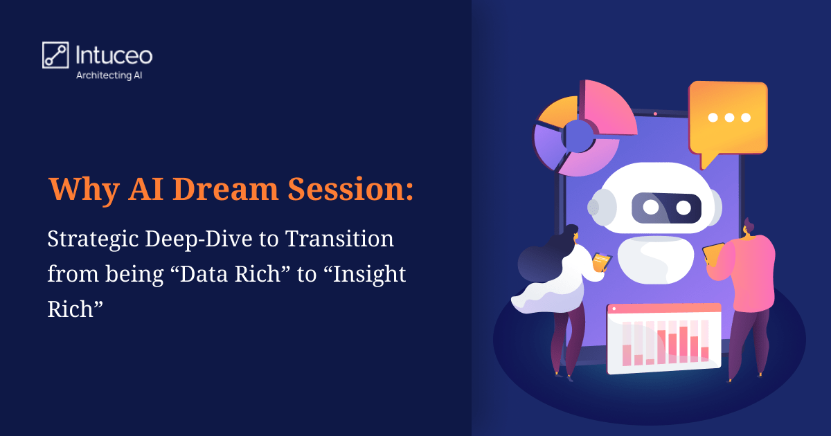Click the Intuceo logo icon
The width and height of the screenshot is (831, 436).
55,55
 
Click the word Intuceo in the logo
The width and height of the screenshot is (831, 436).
114,55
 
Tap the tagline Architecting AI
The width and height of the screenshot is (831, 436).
114,76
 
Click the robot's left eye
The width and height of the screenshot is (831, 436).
650,207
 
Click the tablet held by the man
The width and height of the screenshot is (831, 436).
713,253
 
